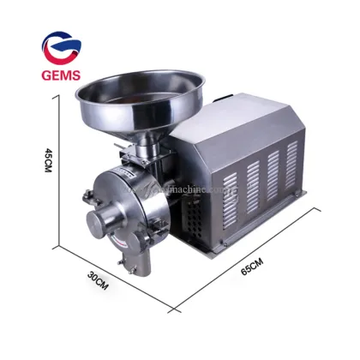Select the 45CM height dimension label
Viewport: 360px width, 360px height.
[x=48, y=162]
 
